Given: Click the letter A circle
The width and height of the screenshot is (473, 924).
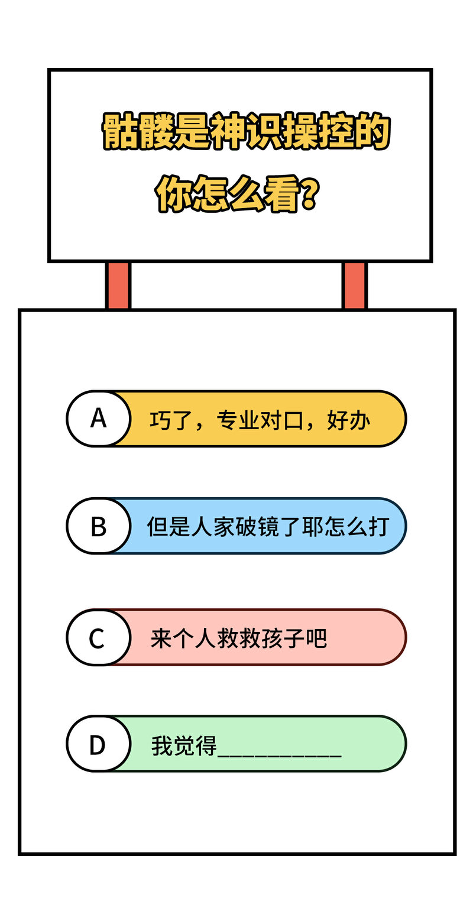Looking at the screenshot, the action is (x=99, y=419).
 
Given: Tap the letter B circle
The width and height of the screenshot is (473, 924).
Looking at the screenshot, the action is (x=99, y=526).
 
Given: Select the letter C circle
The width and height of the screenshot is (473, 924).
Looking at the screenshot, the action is (x=99, y=637).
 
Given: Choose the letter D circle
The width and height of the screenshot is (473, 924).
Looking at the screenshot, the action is (x=99, y=744).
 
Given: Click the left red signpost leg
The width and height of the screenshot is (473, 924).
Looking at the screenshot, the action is (x=118, y=285).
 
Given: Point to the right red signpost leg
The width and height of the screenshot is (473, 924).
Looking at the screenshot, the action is (x=354, y=285).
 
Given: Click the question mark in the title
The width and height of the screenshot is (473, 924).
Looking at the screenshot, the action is (x=309, y=194).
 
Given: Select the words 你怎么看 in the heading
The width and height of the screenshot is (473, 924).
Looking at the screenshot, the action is (x=227, y=194).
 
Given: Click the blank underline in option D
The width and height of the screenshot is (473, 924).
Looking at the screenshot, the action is (x=279, y=756).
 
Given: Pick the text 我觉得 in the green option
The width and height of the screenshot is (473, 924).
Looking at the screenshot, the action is (x=184, y=746).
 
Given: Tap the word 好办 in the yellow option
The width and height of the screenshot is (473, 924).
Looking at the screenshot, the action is (x=348, y=421).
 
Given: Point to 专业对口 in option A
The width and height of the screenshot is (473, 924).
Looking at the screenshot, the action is (x=260, y=421).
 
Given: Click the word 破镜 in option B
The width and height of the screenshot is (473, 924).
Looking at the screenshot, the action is (x=257, y=527).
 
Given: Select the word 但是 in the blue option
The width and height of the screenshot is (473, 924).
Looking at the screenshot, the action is (x=169, y=527).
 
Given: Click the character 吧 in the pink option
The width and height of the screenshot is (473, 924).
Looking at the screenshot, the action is (x=316, y=638).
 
